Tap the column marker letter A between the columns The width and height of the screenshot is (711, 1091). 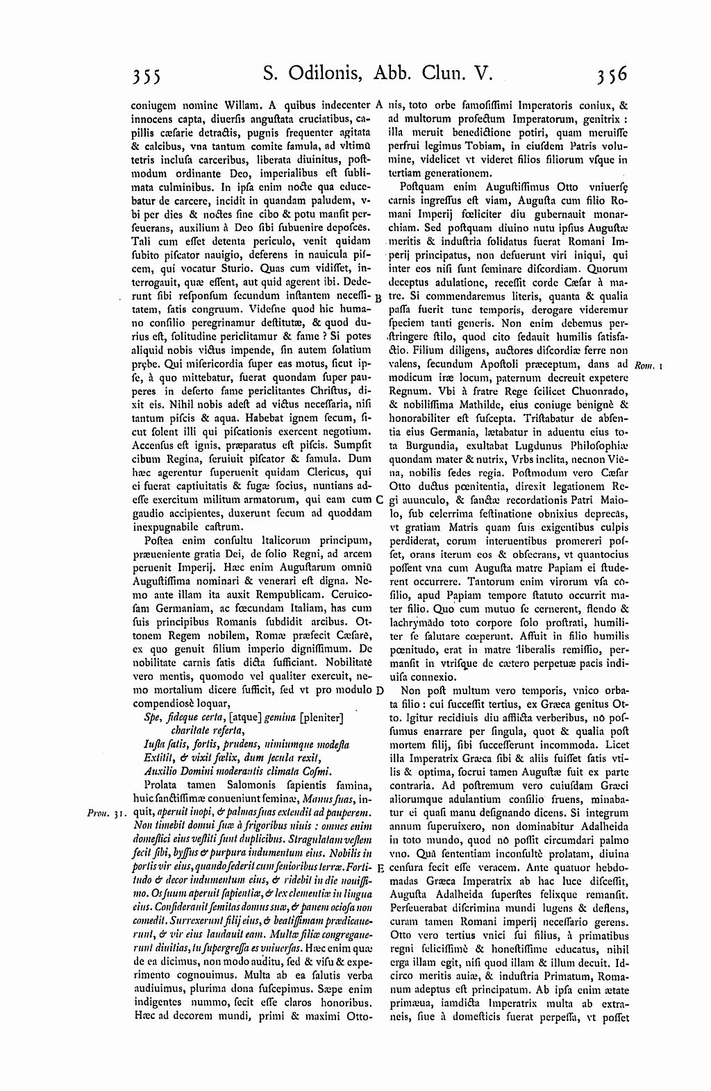click(x=379, y=106)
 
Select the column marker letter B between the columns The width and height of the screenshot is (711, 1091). click(x=379, y=297)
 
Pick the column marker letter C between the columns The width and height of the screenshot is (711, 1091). click(x=379, y=499)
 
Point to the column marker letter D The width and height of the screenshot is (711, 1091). click(x=379, y=691)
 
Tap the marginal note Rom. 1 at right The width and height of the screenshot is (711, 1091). click(x=647, y=365)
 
